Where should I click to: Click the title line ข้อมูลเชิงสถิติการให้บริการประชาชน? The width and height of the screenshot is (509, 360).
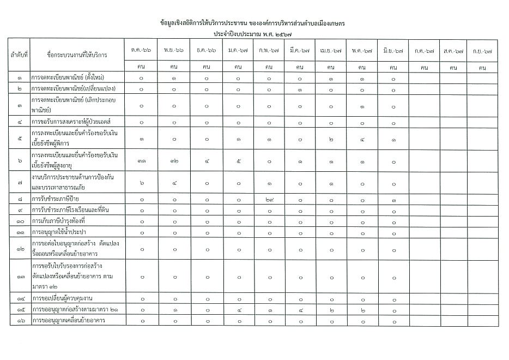pos(253,24)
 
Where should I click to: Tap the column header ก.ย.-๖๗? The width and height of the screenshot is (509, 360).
pos(482,50)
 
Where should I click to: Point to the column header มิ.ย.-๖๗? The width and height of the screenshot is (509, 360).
pos(393,50)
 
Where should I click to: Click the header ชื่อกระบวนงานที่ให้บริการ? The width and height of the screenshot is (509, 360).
pos(77,55)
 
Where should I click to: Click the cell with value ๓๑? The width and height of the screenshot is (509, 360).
pos(141,161)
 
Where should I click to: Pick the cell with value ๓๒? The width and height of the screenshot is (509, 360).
pos(173,161)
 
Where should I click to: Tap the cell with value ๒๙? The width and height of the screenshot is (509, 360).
pos(269,200)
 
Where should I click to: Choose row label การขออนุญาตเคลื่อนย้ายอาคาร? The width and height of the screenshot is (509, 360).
pos(68,320)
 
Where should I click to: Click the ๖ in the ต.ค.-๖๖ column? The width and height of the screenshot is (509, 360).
pos(141,183)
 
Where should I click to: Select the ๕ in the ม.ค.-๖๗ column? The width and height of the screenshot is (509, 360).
pos(238,161)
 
